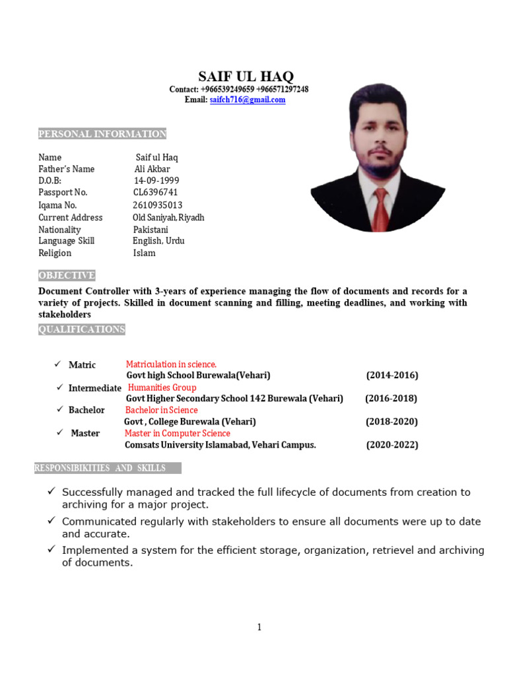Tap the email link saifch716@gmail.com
pos(247,100)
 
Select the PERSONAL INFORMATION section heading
pos(102,134)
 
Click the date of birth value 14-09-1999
pos(156,181)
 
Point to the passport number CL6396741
pos(155,193)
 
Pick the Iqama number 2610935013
pos(157,205)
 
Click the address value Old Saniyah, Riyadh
pos(168,217)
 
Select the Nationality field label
pos(59,230)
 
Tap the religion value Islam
pos(144,253)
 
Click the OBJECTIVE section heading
pos(67,275)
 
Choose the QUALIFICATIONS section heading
pos(81,329)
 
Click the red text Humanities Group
pos(162,388)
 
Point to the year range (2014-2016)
pos(392,376)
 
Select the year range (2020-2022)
pos(392,445)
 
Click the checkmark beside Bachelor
pos(59,409)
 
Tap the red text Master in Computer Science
pos(178,434)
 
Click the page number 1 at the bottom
pos(259,627)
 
